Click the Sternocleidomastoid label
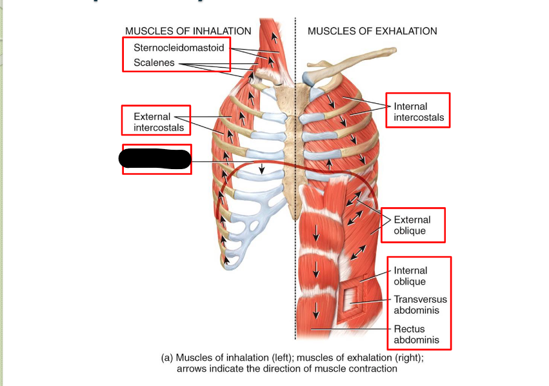[x=179, y=48]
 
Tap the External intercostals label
[x=159, y=122]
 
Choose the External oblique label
[x=410, y=225]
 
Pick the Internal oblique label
[x=410, y=276]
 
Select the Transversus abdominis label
[x=420, y=305]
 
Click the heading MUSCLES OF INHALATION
[x=188, y=31]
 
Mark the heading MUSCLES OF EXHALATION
[x=372, y=31]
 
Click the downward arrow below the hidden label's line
[x=261, y=168]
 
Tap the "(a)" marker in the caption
[x=166, y=358]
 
